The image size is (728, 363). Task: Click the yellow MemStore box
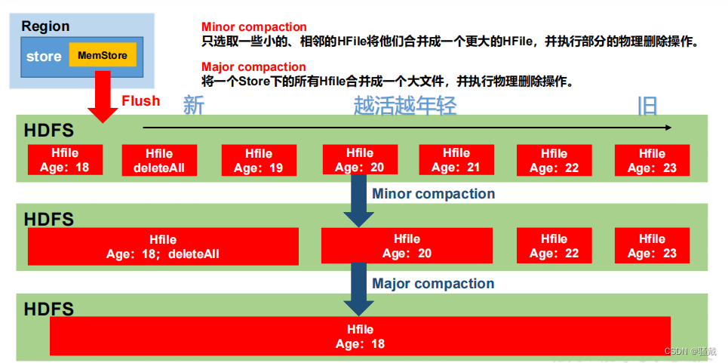101,55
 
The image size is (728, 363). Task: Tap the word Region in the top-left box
45,26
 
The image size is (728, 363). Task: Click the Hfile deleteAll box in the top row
158,161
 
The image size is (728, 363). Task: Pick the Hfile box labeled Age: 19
258,161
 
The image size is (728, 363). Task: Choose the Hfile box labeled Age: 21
456,160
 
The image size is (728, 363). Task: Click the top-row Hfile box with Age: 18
64,160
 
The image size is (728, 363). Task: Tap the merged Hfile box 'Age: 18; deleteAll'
163,246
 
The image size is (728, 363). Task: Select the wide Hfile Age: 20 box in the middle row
407,246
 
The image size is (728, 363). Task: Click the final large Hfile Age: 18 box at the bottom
360,337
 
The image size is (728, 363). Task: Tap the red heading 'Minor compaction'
253,27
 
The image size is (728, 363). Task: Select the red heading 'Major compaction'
253,66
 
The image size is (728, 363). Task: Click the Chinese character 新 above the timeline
194,106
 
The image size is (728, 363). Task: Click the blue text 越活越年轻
405,106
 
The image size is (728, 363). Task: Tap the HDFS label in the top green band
49,130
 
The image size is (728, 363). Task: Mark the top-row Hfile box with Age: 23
652,161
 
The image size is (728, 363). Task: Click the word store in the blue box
44,57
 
